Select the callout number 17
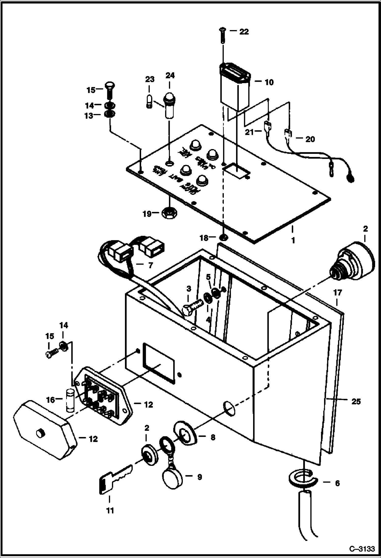pyautogui.click(x=338, y=293)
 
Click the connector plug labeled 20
pyautogui.click(x=288, y=133)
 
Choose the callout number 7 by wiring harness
pyautogui.click(x=150, y=265)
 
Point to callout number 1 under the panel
pyautogui.click(x=293, y=240)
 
